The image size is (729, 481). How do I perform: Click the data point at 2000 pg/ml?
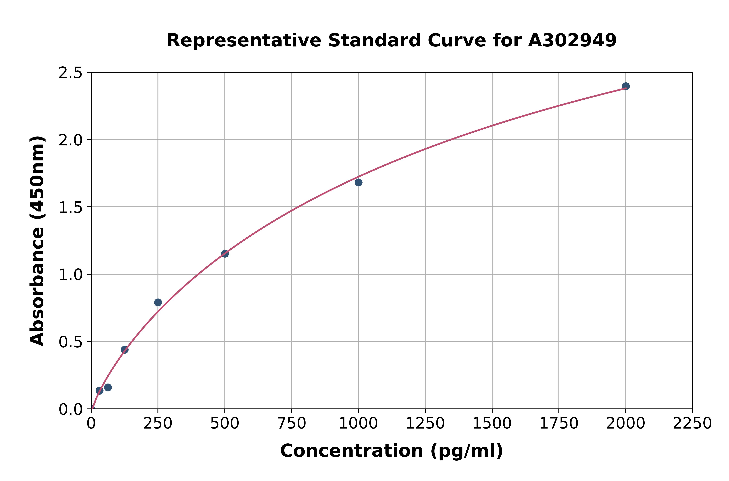coord(626,86)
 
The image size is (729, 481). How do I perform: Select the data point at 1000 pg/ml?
coord(358,183)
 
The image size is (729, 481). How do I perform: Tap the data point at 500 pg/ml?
coord(225,254)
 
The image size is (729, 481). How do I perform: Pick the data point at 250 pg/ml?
coord(158,303)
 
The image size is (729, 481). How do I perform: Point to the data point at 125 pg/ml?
coord(125,350)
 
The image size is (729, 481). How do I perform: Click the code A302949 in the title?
coord(572,40)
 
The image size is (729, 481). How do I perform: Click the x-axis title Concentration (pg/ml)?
coord(392,451)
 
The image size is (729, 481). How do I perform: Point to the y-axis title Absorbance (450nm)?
coord(37,241)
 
